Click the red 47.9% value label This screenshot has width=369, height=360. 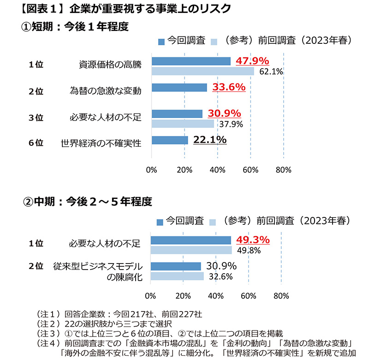(x=252, y=61)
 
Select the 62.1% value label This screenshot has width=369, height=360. (x=271, y=72)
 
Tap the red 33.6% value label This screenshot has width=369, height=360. (x=228, y=87)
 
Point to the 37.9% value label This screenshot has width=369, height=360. (x=231, y=124)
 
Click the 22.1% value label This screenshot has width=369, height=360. (x=210, y=139)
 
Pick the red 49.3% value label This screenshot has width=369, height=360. (x=253, y=240)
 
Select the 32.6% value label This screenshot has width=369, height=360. (x=220, y=276)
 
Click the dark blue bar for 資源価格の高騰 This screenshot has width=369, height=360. (x=191, y=61)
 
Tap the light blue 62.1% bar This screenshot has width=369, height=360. (x=202, y=72)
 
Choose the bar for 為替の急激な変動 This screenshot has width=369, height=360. (x=179, y=87)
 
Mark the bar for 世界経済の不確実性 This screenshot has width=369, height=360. (x=170, y=140)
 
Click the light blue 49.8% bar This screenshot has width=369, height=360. (x=191, y=250)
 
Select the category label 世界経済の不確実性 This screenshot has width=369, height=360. (x=101, y=143)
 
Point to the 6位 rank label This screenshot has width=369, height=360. (x=36, y=143)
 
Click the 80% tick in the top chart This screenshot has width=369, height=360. (x=283, y=169)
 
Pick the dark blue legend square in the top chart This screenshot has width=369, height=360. (x=161, y=42)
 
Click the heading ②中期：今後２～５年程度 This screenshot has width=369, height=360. (x=87, y=202)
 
